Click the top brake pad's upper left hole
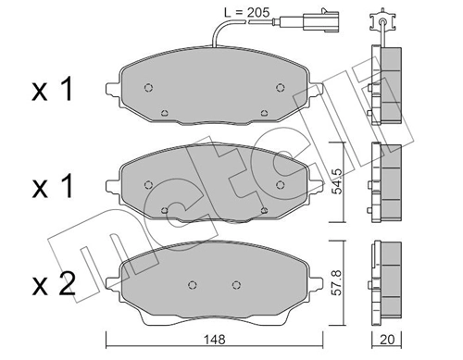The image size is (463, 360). coord(149,88)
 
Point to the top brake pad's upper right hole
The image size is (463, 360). coord(280,88)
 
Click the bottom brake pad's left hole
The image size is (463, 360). coord(192,284)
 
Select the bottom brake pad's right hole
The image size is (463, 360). coord(237,284)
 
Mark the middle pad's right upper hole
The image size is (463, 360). coord(280,183)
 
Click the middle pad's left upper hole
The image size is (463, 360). coord(149,183)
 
